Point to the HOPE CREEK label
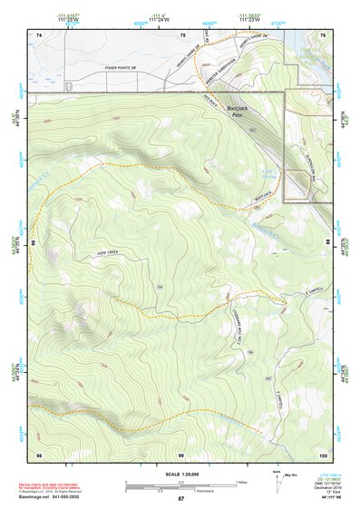[x=105, y=255]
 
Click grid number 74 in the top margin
[x=38, y=34]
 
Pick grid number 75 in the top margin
[x=182, y=34]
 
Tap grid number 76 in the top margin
[x=324, y=34]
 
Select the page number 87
[x=180, y=499]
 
